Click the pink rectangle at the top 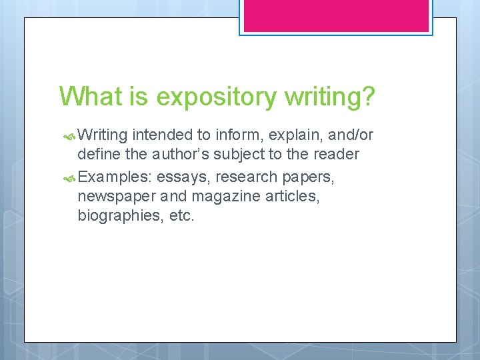tap(335, 15)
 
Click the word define tap(97, 154)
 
